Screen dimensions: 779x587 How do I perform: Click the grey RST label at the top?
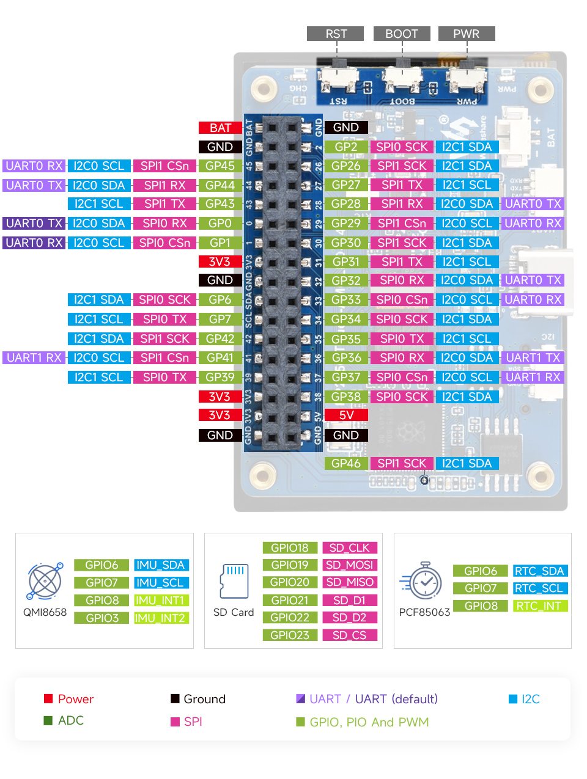click(335, 34)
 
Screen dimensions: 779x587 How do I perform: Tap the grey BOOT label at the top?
click(402, 34)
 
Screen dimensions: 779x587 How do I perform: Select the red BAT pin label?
click(220, 128)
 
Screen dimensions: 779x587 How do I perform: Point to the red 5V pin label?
click(346, 415)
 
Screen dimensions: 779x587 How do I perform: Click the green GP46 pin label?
click(346, 463)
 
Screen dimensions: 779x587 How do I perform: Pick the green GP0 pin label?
click(220, 224)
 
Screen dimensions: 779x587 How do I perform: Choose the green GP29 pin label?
click(346, 224)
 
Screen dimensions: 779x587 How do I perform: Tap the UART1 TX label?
click(533, 357)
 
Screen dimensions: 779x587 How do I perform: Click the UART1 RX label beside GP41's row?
click(34, 357)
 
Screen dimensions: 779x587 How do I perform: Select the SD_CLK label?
click(349, 547)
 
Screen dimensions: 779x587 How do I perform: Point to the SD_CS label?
click(349, 635)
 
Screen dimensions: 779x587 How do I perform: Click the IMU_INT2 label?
click(160, 618)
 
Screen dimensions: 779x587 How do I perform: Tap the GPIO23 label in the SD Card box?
click(290, 635)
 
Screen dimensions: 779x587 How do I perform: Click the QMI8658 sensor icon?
click(45, 581)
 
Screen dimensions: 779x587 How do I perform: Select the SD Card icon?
click(234, 580)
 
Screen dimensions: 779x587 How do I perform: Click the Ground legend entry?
click(204, 699)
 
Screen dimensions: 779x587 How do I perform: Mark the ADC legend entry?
click(70, 721)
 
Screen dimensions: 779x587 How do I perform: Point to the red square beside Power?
click(48, 699)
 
